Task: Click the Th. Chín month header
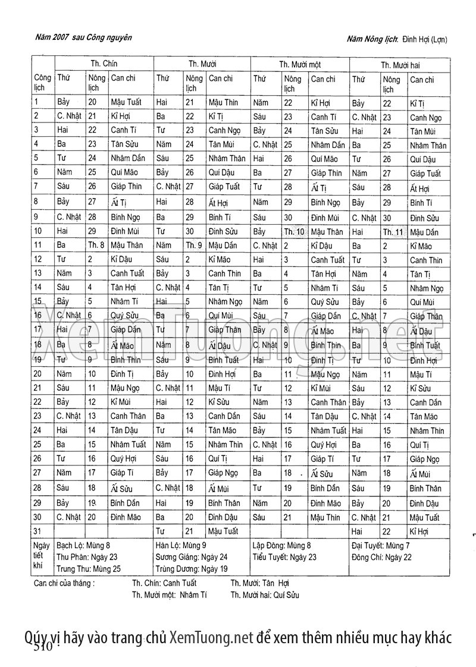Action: pos(104,63)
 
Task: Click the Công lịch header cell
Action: pos(42,83)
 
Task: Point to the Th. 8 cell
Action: pos(96,244)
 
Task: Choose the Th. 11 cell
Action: pos(393,232)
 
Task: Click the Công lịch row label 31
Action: pos(38,531)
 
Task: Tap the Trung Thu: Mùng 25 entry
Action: pos(88,568)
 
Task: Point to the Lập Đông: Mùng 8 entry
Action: pos(282,545)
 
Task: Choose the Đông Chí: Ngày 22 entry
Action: pos(381,557)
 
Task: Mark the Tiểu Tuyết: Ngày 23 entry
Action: pos(285,557)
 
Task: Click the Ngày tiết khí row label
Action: pos(42,556)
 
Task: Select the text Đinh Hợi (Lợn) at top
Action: pos(425,39)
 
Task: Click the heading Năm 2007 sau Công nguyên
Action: pos(83,37)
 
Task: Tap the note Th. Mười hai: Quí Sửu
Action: pos(265,594)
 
